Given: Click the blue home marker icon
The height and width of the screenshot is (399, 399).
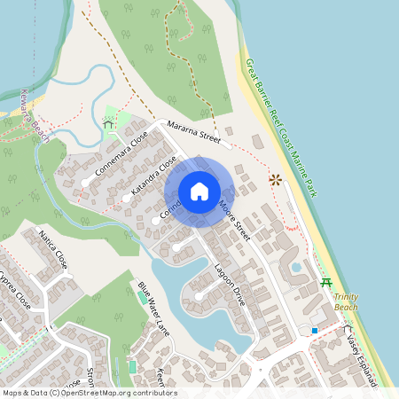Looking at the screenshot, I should pos(199,192).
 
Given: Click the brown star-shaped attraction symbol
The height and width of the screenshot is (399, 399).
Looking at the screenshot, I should pos(275,179).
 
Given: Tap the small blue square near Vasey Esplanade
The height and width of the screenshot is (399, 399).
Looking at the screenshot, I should pos(314,331).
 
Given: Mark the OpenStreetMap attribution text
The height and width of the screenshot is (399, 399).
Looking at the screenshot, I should pos(89,393).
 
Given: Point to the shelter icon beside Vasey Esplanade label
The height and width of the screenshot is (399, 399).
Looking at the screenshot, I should pos(347,329).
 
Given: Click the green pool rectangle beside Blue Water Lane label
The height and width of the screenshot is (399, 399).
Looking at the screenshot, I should pos(143,297).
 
